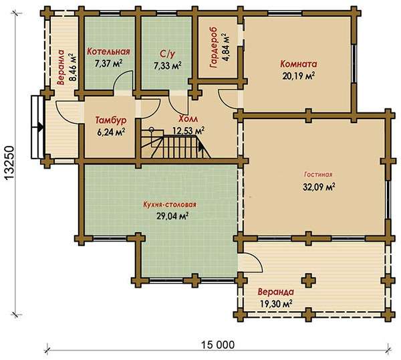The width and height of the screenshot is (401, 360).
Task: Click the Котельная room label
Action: click(108, 52)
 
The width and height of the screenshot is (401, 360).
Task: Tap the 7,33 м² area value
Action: click(168, 66)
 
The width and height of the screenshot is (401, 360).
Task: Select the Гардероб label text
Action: click(213, 48)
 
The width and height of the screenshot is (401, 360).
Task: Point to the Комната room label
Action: click(299, 64)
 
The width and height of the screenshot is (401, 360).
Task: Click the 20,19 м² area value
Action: click(299, 76)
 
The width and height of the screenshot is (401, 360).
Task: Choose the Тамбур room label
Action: click(111, 120)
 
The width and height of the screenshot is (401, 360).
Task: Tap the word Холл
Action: click(188, 119)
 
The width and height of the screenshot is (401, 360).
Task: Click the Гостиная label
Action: click(318, 175)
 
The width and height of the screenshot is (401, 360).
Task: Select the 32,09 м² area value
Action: click(319, 187)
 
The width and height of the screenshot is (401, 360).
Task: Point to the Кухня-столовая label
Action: click(170, 205)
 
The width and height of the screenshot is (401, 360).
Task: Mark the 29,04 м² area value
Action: click(172, 216)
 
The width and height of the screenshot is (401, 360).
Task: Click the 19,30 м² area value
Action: click(276, 304)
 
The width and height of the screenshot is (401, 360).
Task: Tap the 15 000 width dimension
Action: click(218, 345)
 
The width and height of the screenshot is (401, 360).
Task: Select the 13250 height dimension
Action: click(9, 163)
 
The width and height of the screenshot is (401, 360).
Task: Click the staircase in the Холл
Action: click(175, 144)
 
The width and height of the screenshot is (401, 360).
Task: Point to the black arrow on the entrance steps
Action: click(39, 126)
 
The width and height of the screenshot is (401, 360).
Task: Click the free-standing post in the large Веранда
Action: click(309, 280)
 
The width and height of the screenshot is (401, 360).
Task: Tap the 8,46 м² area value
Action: click(74, 67)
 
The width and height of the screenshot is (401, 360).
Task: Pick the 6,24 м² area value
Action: click(111, 132)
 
